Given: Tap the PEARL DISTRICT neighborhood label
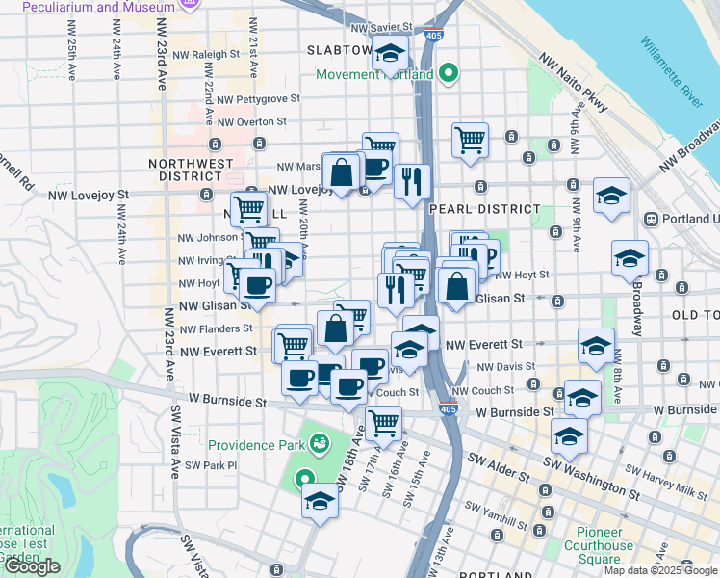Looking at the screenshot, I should (485, 209).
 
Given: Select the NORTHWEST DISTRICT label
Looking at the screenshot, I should (191, 170).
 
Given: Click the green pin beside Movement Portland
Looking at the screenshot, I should (448, 72).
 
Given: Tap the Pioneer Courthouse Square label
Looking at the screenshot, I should (606, 545).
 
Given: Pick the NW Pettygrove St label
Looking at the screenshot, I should (259, 98).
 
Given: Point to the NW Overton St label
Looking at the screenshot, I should (253, 121).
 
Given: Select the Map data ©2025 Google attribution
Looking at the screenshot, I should (660, 570).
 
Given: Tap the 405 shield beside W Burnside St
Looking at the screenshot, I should (447, 409).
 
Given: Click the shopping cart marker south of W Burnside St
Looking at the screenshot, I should (384, 422).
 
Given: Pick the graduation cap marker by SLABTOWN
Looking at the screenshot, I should (390, 54).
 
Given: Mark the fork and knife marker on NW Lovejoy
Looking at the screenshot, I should (412, 181).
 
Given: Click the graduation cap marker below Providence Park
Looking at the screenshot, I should (321, 501).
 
